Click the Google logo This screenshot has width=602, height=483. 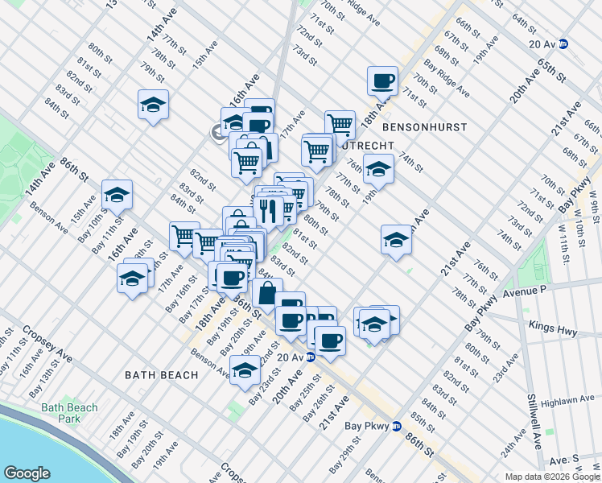27,473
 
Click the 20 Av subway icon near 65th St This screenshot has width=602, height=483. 565,45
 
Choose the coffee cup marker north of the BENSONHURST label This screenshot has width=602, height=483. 383,80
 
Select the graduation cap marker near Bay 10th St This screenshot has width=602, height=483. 117,195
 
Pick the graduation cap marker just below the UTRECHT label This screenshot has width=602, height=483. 377,169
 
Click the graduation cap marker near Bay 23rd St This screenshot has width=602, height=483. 245,370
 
